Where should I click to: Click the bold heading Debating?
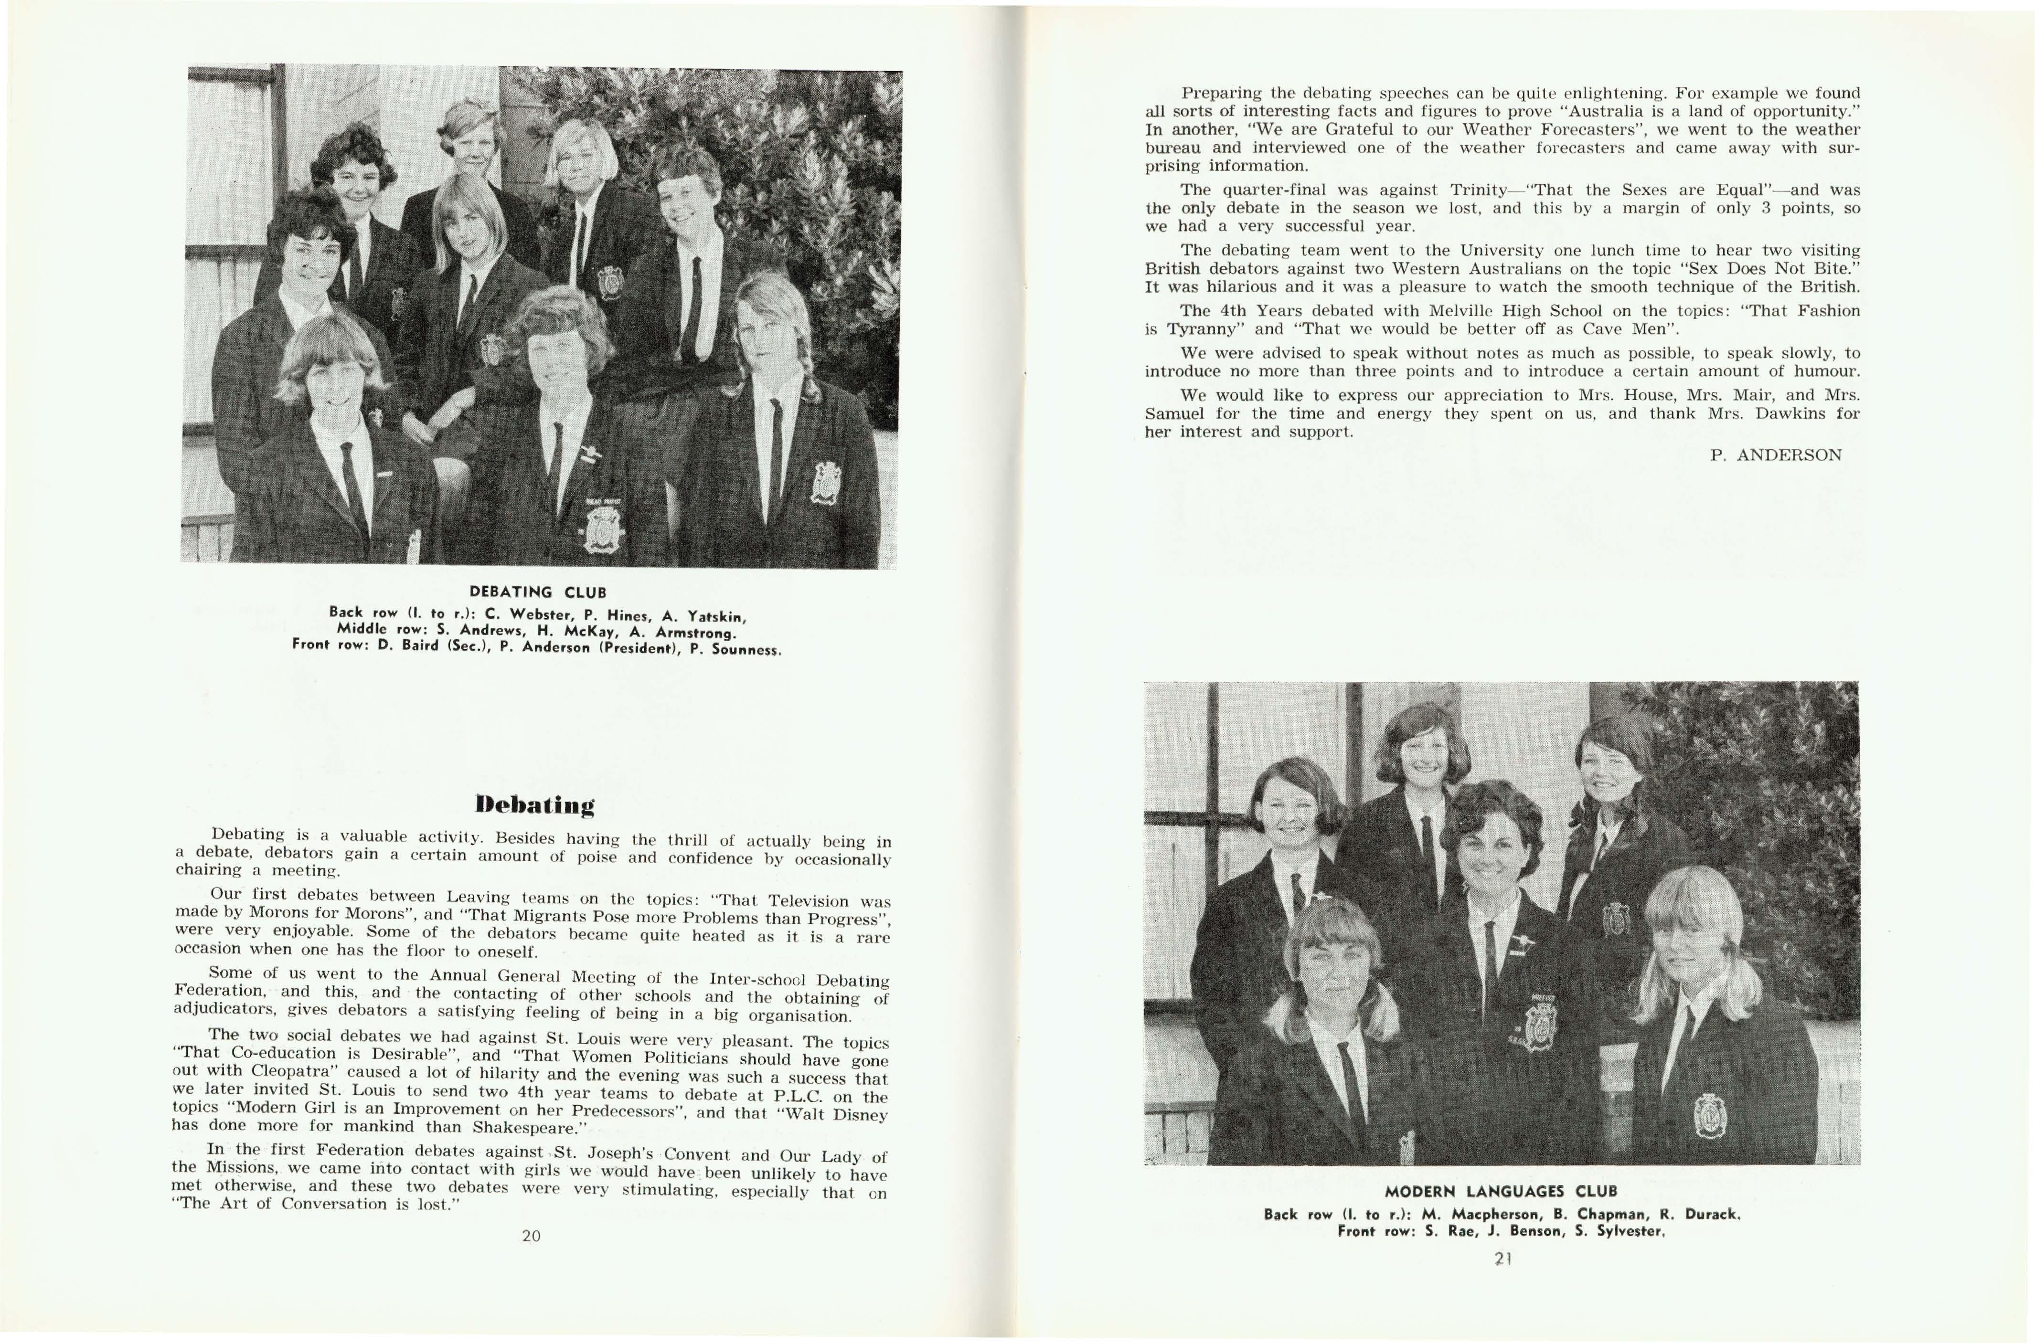[535, 805]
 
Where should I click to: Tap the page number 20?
[531, 1235]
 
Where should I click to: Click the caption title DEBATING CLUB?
[538, 592]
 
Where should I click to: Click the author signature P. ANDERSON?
[1775, 455]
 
